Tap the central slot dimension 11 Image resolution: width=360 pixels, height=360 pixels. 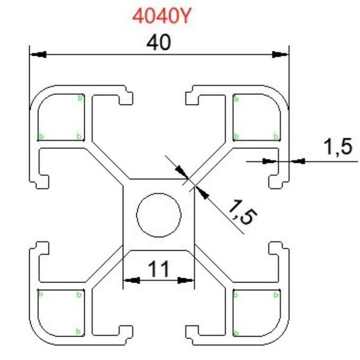click(159, 269)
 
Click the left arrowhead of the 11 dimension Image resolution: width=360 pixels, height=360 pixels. click(131, 280)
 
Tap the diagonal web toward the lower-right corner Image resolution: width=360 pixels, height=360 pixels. click(211, 268)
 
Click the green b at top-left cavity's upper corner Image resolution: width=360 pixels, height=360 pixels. click(80, 97)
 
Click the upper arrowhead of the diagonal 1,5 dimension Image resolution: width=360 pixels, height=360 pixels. click(181, 171)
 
